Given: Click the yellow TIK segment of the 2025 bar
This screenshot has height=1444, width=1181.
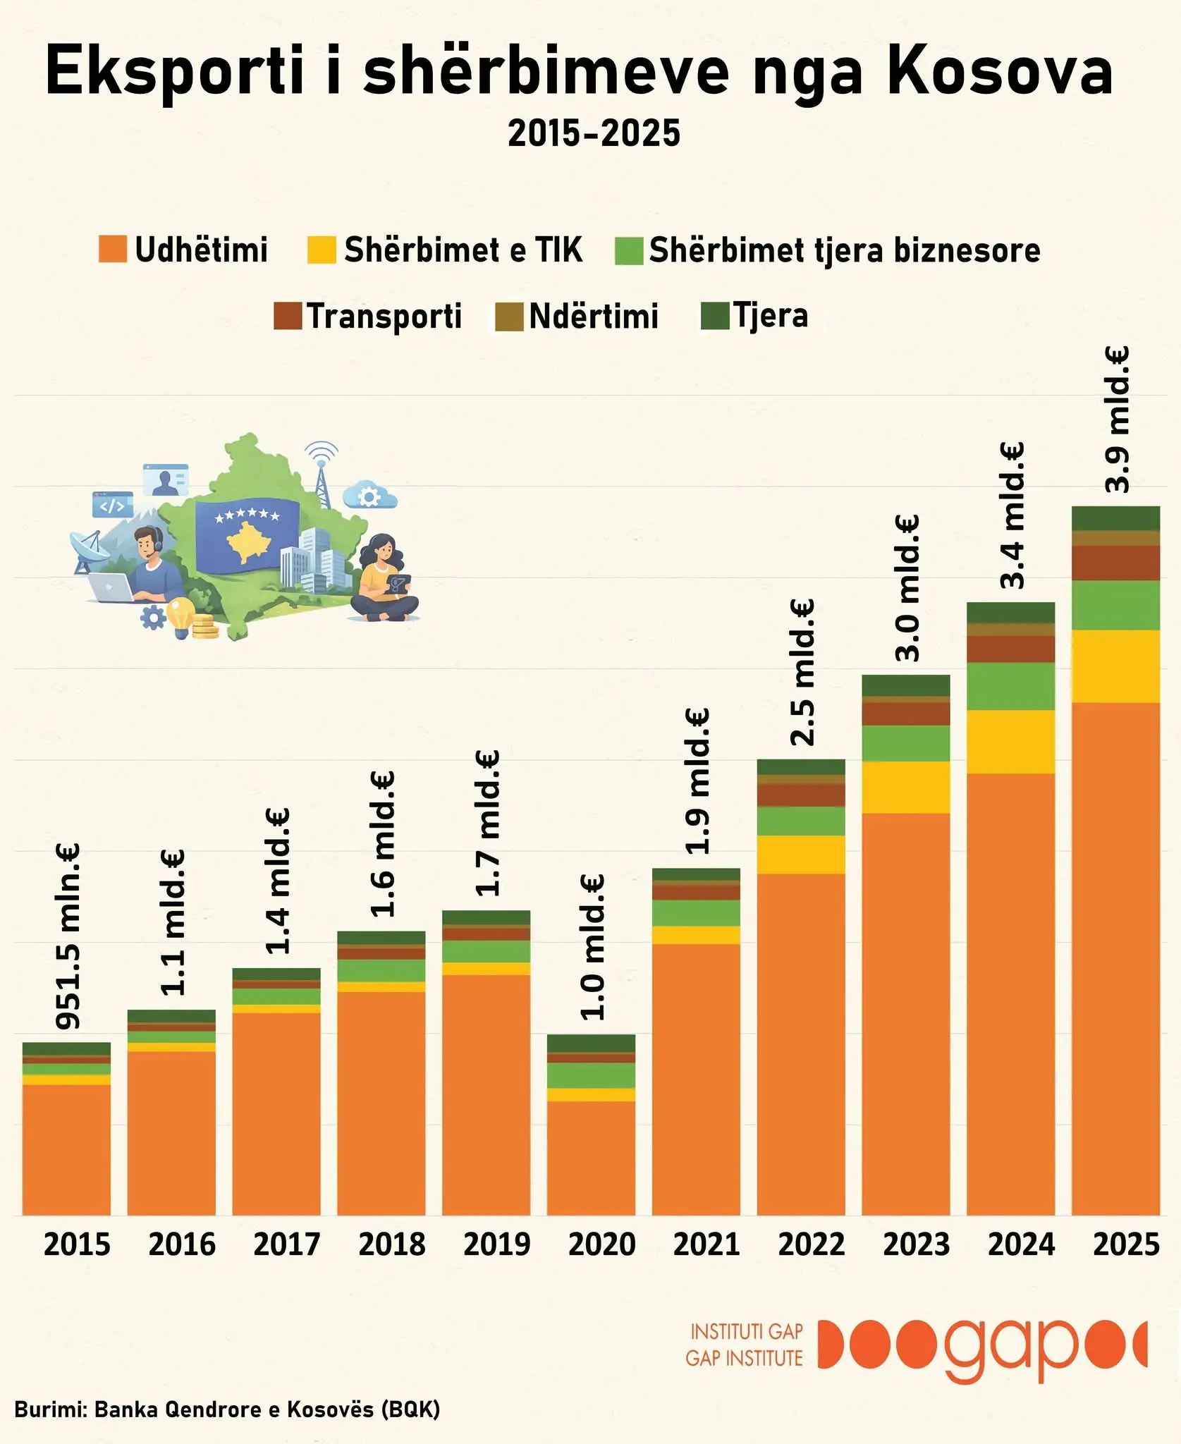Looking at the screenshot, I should coord(1115,666).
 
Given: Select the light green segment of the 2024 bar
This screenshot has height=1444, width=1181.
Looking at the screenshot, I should coord(1010,686).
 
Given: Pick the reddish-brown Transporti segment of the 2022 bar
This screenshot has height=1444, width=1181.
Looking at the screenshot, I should coord(801,795).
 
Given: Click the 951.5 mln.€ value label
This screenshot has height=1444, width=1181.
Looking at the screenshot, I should coord(68,936).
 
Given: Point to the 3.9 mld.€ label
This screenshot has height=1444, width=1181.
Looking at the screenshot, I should coord(1118,420).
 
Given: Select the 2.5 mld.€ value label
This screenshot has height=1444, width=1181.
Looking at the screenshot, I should coord(803,672).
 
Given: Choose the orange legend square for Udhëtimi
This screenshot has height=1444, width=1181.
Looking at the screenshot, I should coord(112,250).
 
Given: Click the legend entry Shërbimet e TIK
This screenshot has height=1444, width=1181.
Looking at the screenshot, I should coord(463,250).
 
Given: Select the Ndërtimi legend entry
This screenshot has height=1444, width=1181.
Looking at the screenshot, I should coord(593,316).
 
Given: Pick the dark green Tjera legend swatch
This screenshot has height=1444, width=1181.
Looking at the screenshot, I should coord(714,316).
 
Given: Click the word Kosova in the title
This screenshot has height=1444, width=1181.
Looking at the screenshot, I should coord(1000,71).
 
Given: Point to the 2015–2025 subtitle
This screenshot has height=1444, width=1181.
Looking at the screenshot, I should coord(594,133).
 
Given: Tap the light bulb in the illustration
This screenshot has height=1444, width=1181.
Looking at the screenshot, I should coord(180,616).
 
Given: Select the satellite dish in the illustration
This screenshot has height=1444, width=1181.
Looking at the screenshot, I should coord(89,549).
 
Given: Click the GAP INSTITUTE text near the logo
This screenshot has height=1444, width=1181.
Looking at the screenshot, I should coord(744,1358).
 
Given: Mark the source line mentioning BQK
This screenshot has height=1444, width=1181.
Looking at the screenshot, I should coord(227,1409).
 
